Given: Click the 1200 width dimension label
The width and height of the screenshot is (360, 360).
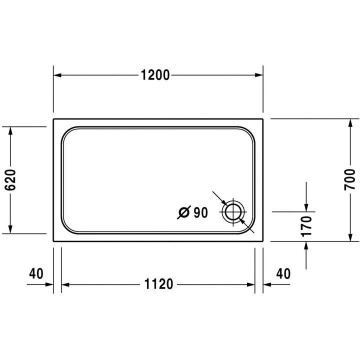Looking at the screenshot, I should click(155, 75).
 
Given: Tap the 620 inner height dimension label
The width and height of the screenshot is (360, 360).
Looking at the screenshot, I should click(11, 180).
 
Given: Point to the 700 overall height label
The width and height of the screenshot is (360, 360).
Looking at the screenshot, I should click(349, 179).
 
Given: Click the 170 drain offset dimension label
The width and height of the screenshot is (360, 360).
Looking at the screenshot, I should click(306, 226).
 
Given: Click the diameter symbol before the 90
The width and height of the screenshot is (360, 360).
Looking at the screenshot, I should click(183, 213).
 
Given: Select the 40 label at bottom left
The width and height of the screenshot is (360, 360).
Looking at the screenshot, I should click(36, 273).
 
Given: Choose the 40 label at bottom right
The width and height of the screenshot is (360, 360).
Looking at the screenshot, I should click(283, 273).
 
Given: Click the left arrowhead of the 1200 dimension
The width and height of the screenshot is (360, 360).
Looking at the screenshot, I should click(57, 75).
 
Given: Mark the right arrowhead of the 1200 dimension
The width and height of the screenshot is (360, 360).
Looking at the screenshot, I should click(259, 75).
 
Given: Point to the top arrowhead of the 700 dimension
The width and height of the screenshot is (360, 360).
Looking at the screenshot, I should click(349, 123).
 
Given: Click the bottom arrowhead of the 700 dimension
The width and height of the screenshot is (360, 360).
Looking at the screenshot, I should click(349, 237).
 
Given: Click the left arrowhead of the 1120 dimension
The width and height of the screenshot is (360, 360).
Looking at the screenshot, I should click(65, 285).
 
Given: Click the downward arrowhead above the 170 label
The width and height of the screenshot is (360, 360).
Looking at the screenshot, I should click(306, 207).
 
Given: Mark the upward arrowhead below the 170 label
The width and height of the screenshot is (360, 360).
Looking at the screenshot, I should click(306, 245).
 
